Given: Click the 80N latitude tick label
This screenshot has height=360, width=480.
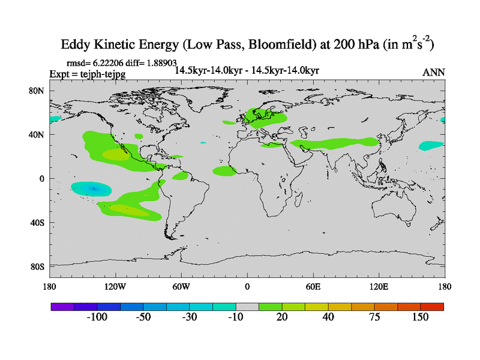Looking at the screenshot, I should tap(38, 91).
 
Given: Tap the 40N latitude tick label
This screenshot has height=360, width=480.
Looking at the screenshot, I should tap(38, 135).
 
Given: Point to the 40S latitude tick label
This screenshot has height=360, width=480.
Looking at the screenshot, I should tap(38, 223).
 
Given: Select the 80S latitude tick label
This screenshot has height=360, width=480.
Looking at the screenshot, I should tap(38, 266).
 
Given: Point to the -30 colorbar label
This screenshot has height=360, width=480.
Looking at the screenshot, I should tap(189, 317).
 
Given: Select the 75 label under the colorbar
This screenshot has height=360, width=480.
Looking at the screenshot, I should tap(374, 317).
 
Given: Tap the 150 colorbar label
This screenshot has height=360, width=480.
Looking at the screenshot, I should tap(420, 317).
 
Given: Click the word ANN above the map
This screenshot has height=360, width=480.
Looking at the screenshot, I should tap(434, 73).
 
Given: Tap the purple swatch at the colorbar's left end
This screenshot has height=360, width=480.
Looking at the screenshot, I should tap(62, 306).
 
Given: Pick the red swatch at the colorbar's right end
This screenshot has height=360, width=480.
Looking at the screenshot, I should tap(432, 306).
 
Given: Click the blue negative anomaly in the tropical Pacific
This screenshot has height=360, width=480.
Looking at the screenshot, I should tap(92, 188).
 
